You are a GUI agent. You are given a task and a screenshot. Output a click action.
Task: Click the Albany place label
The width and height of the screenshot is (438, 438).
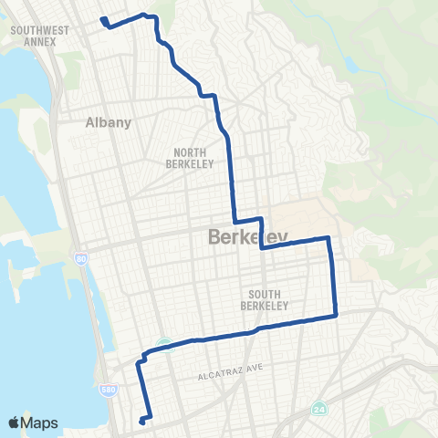[109, 121]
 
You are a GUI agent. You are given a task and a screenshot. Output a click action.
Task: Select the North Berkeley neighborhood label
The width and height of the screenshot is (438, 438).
[191, 159]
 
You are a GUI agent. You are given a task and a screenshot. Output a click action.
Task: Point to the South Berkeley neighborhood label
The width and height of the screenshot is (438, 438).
[268, 299]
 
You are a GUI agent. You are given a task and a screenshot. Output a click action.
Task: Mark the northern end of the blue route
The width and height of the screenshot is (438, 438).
[102, 19]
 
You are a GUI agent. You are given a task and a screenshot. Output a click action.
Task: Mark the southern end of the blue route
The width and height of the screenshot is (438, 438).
[141, 422]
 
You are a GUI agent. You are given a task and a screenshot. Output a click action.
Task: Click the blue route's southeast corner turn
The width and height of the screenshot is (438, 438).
[336, 316]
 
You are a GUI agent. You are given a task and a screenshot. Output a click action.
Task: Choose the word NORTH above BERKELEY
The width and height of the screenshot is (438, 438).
[191, 153]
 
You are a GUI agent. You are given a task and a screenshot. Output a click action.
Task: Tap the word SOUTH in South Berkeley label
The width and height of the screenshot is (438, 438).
[268, 294]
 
